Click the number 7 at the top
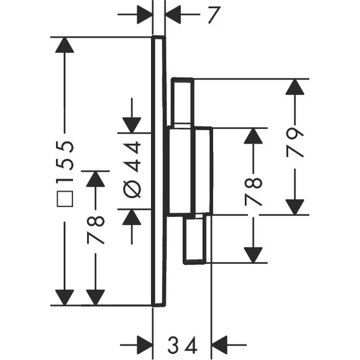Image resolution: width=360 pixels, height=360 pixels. tap(210, 14)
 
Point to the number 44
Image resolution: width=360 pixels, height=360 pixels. tap(133, 156)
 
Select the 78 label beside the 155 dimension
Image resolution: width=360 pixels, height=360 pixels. tap(96, 229)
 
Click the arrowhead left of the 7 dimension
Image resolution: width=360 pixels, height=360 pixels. tap(145, 14)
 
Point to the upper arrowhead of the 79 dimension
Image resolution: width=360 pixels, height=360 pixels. tap(293, 88)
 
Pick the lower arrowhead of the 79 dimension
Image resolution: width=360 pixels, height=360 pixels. tap(293, 206)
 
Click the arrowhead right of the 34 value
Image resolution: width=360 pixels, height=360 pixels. tap(221, 345)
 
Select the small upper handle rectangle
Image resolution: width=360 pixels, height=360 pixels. tap(183, 102)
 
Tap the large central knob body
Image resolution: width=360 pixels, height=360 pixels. tap(188, 171)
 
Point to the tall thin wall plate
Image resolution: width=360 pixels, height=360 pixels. tap(158, 171)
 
